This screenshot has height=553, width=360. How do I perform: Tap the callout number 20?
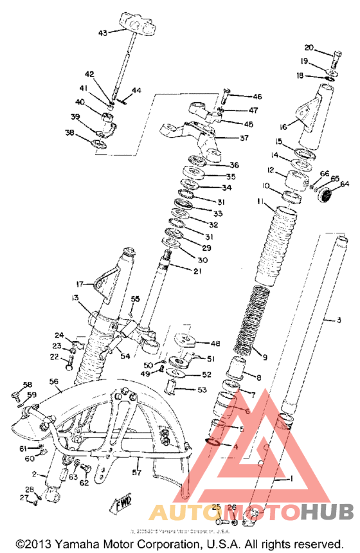click(309, 48)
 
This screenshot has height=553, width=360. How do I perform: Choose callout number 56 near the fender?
click(55, 381)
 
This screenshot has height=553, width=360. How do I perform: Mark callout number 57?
click(136, 473)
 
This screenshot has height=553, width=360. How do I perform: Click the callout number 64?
click(345, 184)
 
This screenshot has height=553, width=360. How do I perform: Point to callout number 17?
click(80, 284)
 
